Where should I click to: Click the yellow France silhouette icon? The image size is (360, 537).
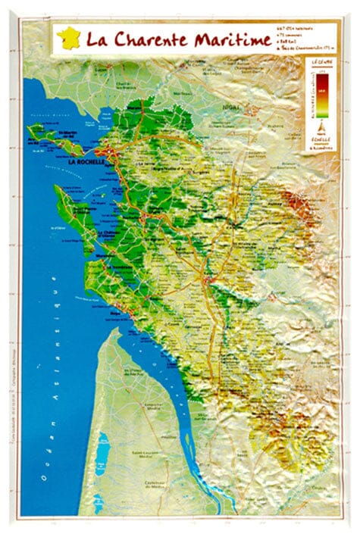click(68, 37)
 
